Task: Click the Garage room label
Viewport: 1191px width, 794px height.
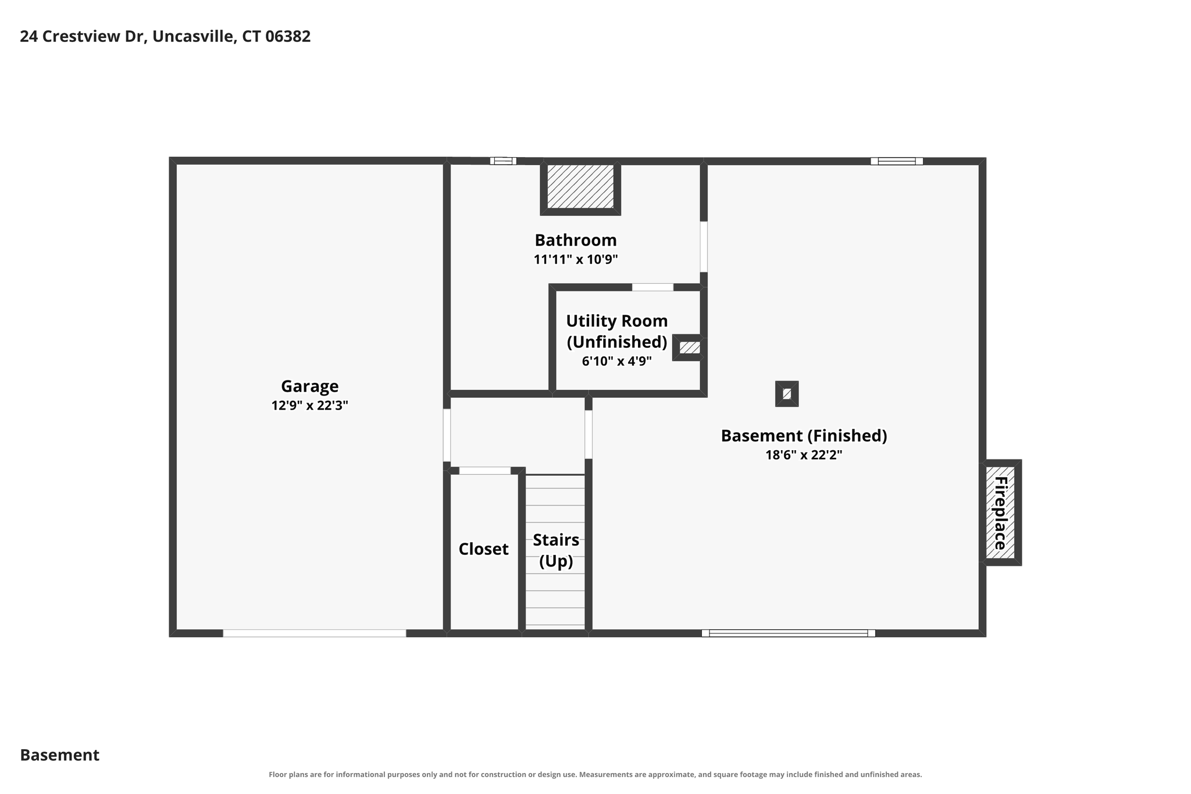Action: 309,386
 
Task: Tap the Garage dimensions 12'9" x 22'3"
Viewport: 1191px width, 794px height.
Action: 309,405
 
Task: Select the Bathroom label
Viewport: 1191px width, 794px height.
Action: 576,240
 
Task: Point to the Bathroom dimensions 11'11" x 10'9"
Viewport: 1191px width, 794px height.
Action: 576,259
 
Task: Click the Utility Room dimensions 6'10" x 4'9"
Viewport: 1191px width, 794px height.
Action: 616,361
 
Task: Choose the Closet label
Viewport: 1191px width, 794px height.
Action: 483,549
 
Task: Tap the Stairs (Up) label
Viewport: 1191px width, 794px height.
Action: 556,550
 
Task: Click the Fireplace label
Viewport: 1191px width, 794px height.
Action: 1000,512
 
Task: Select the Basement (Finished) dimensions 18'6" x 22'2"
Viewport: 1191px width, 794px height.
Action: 804,455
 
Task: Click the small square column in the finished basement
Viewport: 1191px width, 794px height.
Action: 787,394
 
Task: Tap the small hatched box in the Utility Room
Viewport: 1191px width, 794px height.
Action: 689,348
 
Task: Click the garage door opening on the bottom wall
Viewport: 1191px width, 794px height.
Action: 314,633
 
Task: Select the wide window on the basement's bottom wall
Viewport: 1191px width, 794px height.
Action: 788,633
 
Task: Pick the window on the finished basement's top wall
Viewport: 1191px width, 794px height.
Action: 896,161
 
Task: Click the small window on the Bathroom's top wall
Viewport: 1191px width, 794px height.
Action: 503,161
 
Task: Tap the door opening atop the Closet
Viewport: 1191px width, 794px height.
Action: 485,471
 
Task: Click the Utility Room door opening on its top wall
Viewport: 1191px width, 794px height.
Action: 652,287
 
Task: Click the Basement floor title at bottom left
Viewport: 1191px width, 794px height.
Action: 59,755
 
